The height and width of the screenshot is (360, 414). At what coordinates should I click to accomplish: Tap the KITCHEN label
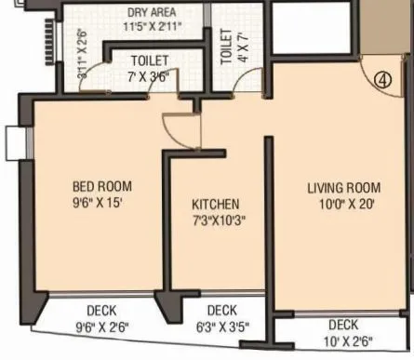pyautogui.click(x=216, y=205)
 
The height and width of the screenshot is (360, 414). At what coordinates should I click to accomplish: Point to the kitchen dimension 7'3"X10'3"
pyautogui.click(x=219, y=220)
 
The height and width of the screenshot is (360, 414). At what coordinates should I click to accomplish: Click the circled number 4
pyautogui.click(x=381, y=80)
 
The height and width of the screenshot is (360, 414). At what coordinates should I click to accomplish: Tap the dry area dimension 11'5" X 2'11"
pyautogui.click(x=154, y=28)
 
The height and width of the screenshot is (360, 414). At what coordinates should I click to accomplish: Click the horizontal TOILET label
pyautogui.click(x=149, y=61)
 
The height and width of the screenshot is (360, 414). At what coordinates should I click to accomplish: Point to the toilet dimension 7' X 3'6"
pyautogui.click(x=149, y=76)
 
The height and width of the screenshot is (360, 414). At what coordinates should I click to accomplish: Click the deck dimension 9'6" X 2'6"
pyautogui.click(x=101, y=327)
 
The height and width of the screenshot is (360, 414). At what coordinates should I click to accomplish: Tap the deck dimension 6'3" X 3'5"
pyautogui.click(x=220, y=327)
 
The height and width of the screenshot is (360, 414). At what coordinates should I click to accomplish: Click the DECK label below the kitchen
pyautogui.click(x=221, y=311)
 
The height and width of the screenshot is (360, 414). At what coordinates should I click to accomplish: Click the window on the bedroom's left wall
pyautogui.click(x=13, y=141)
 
